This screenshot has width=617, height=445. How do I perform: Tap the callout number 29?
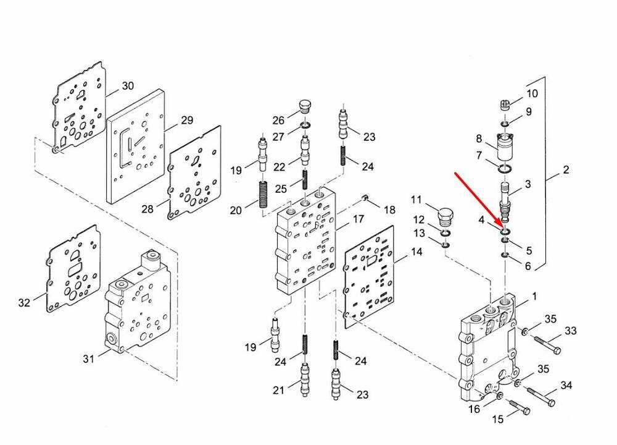tap(186, 120)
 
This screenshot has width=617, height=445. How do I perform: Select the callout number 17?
tap(358, 219)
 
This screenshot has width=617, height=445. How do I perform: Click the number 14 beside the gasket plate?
tap(416, 251)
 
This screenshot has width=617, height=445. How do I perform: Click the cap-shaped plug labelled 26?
tap(305, 106)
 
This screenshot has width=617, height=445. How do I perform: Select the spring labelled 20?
tap(263, 195)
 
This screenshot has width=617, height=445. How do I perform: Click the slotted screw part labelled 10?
tap(505, 105)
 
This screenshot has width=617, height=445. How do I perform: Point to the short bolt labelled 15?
tap(520, 407)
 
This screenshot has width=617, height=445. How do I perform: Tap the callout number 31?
tap(88, 358)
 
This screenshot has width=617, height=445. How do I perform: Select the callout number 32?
tap(24, 302)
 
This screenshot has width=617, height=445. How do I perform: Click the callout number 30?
tap(128, 85)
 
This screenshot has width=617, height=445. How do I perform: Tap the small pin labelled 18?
tap(365, 197)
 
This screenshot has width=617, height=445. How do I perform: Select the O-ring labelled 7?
tap(505, 169)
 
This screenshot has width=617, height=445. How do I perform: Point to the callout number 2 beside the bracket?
tap(565, 170)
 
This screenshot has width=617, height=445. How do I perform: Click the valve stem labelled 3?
tap(505, 201)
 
